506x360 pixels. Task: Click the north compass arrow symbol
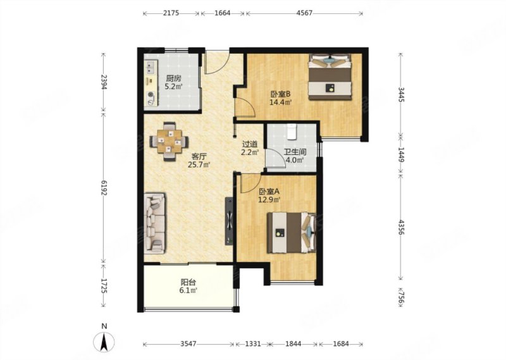[x=104, y=342]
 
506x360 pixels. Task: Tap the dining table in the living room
[x=169, y=142]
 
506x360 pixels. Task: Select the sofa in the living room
[x=154, y=223]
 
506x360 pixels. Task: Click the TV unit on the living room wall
[x=229, y=221]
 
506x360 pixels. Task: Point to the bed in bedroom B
[x=330, y=77]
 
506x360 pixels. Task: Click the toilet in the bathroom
[x=292, y=132]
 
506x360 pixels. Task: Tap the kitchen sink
[x=151, y=68]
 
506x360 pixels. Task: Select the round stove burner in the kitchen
[x=151, y=95]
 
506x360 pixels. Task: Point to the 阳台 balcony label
[x=188, y=282]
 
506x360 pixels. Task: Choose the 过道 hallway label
[x=250, y=144]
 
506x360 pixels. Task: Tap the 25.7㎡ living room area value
[x=199, y=165]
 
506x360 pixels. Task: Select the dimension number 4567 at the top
[x=304, y=13]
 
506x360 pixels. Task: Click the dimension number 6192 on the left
[x=104, y=187]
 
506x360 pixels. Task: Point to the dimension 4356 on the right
[x=401, y=227]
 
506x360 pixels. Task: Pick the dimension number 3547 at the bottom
[x=188, y=344]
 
